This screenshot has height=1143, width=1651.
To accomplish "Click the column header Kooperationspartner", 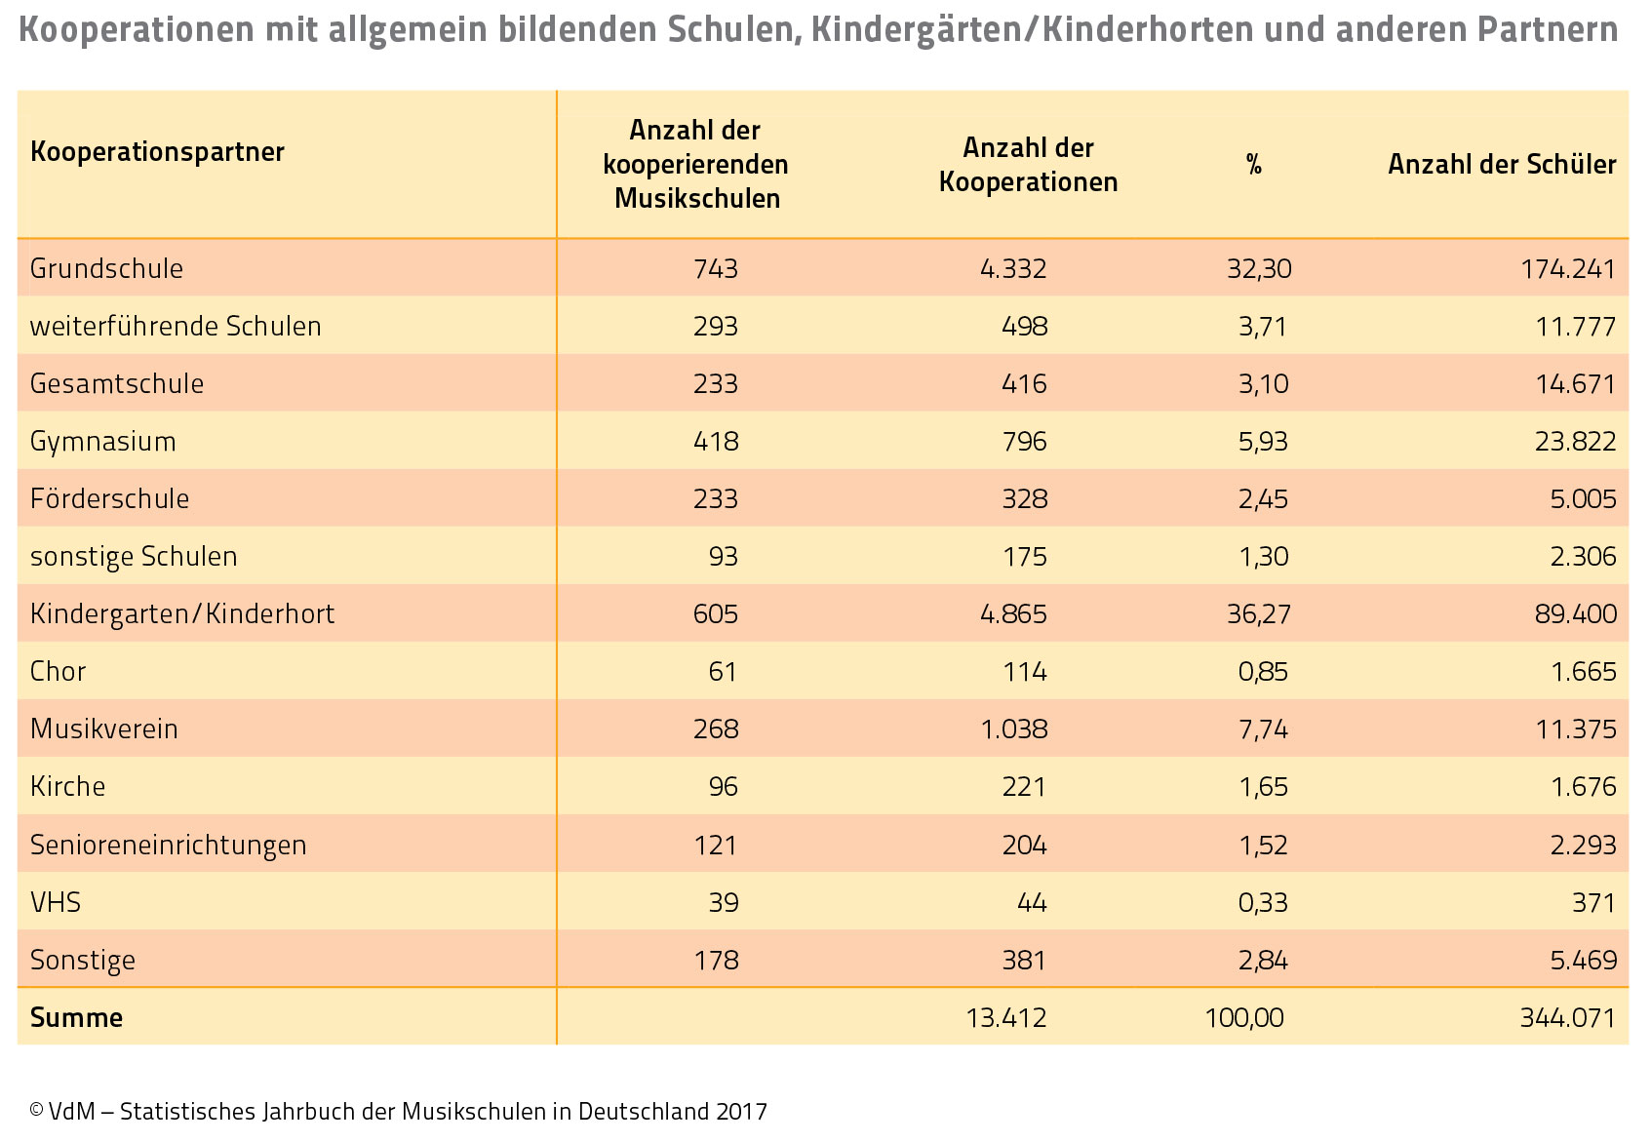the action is tap(157, 152).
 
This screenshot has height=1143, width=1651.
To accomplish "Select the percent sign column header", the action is tap(1254, 165).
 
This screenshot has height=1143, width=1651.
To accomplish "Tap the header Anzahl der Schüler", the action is tap(1502, 165).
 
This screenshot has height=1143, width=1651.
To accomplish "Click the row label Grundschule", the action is tap(107, 268).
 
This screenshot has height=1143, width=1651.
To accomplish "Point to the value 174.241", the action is tap(1568, 269).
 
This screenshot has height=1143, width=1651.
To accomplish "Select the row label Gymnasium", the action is tap(103, 442).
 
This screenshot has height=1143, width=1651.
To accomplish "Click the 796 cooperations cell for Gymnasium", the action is tap(1025, 442).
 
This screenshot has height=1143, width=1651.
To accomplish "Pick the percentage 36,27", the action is tap(1259, 613).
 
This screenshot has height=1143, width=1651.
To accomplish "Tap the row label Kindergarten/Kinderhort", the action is tap(182, 613).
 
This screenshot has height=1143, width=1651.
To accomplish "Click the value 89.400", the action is tap(1576, 613).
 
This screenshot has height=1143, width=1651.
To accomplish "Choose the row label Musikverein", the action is tap(104, 729).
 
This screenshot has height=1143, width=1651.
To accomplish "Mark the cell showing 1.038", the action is tap(1014, 729).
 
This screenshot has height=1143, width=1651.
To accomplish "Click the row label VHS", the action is tap(56, 902).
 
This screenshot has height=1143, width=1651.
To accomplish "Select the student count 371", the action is tap(1594, 902).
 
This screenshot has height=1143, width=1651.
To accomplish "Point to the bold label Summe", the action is tap(77, 1018).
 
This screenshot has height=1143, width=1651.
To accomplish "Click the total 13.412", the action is tap(1006, 1018).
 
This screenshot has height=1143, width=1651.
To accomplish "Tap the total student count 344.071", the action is tap(1568, 1018).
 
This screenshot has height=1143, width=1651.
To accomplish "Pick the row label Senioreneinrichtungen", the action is tap(168, 846).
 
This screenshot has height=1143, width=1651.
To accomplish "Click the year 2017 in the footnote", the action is tap(741, 1112).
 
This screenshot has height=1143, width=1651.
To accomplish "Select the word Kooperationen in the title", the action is tap(137, 30).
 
